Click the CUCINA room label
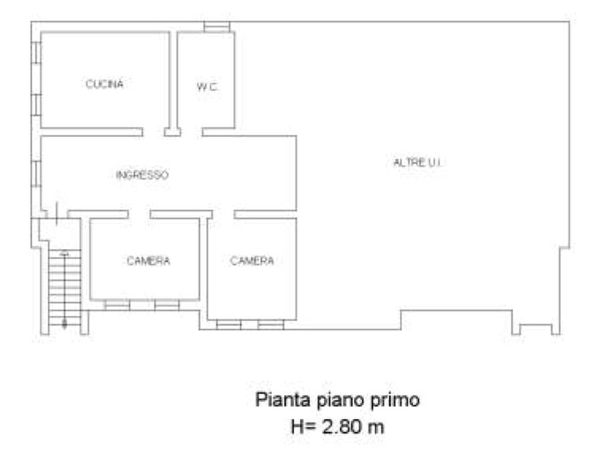pos(104,84)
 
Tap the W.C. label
pos(207,87)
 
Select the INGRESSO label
pos(142,175)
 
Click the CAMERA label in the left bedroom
pos(148,261)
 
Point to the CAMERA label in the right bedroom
pos(252,261)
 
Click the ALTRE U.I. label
pos(418,162)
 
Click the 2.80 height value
pos(341,427)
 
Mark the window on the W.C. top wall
pos(216,27)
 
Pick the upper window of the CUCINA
pos(36,52)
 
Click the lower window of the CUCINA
pos(36,104)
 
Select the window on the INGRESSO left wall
pos(36,174)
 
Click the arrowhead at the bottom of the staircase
pos(64,325)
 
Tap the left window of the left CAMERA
pos(117,305)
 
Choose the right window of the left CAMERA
pos(167,305)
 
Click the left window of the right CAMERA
pos(229,325)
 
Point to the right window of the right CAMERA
pos(271,325)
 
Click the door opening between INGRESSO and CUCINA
pos(154,132)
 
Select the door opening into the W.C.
pos(191,132)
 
